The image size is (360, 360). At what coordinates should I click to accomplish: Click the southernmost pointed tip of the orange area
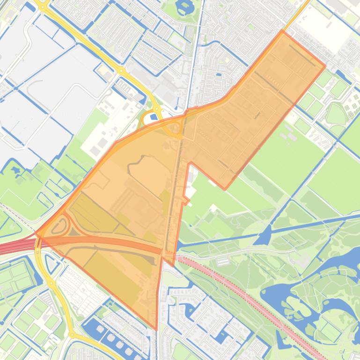(156, 329)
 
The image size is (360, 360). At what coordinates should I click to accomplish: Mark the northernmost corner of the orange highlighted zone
(282, 31)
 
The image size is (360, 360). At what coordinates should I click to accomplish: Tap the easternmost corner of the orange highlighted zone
(325, 66)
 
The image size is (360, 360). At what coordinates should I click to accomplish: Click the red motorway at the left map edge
(9, 246)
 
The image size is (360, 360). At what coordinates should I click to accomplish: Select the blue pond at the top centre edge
(185, 7)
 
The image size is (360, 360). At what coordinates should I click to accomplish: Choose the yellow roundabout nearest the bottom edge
(72, 335)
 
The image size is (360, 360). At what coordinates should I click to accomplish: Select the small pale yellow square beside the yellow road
(107, 75)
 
